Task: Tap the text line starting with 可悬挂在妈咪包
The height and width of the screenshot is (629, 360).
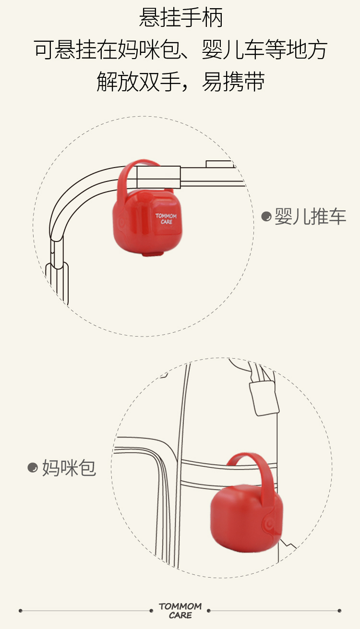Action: point(180,50)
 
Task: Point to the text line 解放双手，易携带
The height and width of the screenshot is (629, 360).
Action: point(180,82)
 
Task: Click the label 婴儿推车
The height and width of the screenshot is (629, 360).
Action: point(310,217)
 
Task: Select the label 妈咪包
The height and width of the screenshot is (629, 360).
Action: point(69,467)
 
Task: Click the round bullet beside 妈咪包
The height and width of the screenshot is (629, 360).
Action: point(33,467)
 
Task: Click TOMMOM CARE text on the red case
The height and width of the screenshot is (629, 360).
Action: point(166,219)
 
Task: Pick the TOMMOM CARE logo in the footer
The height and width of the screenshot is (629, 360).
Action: point(180,611)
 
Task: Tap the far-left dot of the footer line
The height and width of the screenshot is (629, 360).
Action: point(21,611)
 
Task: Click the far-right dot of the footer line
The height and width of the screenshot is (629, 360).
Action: point(339,611)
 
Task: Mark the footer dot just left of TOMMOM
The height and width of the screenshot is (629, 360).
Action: point(152,611)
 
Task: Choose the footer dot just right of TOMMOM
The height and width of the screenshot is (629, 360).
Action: point(209,611)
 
